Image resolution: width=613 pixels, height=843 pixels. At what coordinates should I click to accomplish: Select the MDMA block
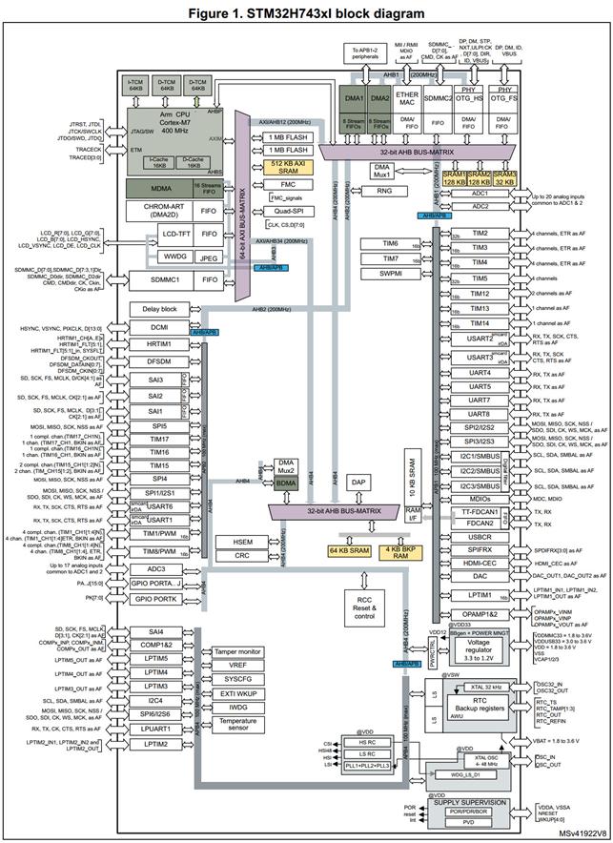[x=160, y=188]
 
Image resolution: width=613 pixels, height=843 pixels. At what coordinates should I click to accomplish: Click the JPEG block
[x=207, y=257]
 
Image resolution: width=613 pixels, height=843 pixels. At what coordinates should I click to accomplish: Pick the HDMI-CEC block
[x=480, y=563]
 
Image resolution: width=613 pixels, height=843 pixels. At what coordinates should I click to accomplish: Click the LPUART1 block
[x=158, y=728]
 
